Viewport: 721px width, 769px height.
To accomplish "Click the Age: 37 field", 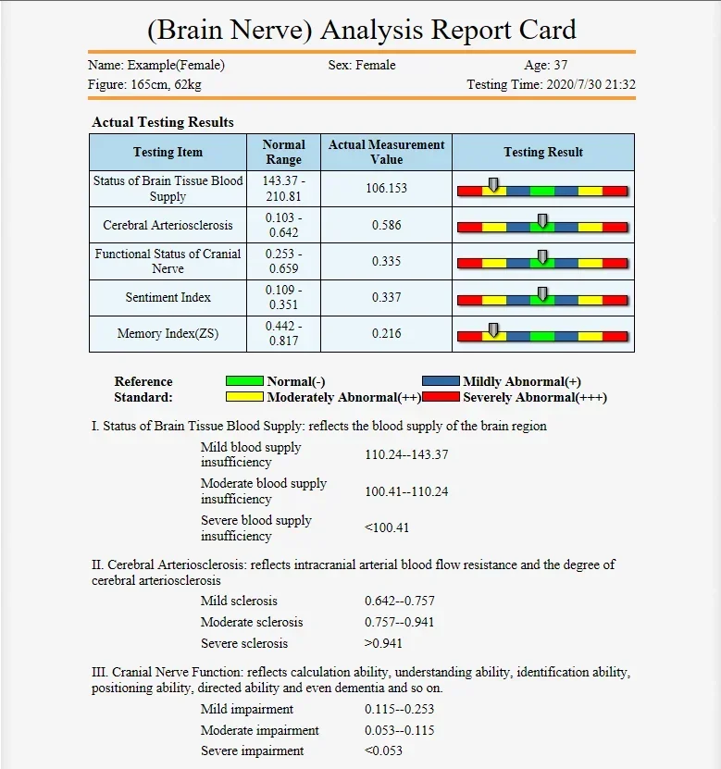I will click(546, 66).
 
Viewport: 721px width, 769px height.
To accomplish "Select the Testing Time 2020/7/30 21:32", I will click(551, 85).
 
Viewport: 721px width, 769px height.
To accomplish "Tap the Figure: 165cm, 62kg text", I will click(144, 85).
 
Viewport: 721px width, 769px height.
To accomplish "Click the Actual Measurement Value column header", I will click(386, 152).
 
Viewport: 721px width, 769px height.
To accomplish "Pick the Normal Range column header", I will click(283, 152).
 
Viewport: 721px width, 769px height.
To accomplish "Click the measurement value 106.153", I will click(386, 188).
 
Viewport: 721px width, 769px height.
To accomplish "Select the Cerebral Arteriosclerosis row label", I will click(168, 225).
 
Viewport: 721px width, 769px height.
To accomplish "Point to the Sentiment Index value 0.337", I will click(386, 298).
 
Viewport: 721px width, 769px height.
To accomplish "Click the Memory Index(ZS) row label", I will click(168, 334).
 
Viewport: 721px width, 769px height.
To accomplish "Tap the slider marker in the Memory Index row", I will click(493, 330).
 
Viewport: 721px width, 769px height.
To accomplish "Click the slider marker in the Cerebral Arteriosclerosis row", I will click(542, 221).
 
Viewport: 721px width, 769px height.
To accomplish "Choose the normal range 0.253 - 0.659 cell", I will click(283, 261).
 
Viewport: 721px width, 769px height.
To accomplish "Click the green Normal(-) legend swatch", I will click(245, 381).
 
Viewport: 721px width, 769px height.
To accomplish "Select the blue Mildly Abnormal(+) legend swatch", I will click(441, 381).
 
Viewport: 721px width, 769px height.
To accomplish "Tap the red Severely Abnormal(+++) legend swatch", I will click(441, 397).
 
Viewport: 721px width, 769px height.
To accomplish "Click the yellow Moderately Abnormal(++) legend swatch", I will click(245, 397).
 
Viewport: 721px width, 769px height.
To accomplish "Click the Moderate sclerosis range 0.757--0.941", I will click(399, 622).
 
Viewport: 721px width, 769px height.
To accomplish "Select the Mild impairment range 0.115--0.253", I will click(399, 710).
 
